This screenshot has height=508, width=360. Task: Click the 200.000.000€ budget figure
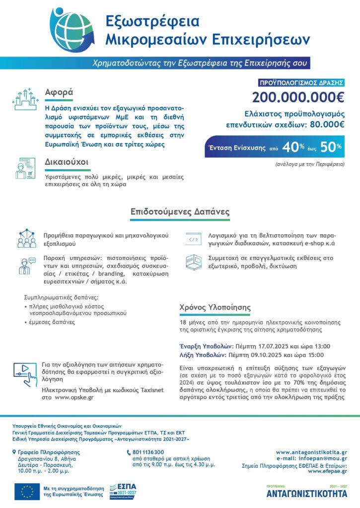298,98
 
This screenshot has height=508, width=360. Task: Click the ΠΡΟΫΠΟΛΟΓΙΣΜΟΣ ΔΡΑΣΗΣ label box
301,83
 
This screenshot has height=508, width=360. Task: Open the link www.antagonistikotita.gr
311,452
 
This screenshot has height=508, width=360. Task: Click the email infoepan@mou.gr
325,459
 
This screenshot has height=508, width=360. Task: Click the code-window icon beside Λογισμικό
193,239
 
